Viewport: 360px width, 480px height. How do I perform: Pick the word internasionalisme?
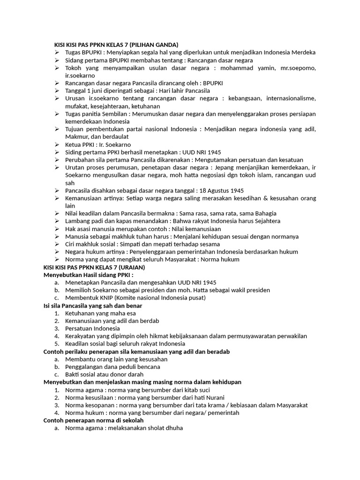pyautogui.click(x=290, y=98)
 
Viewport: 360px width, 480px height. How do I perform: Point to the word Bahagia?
pyautogui.click(x=262, y=213)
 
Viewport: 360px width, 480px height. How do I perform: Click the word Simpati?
pyautogui.click(x=134, y=244)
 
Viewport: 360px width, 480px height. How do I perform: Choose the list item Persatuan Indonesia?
pyautogui.click(x=92, y=329)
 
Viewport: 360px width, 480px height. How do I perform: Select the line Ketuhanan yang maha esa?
pyautogui.click(x=100, y=313)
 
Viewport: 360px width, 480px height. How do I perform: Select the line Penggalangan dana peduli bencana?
pyautogui.click(x=112, y=367)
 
